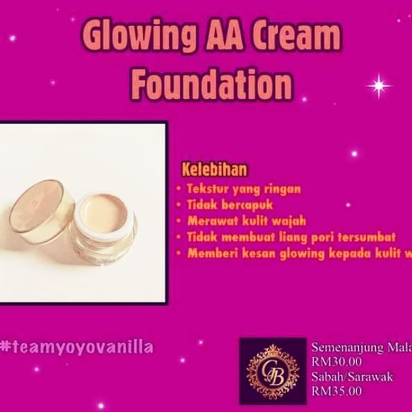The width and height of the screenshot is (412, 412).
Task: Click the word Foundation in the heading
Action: click(x=207, y=84)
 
